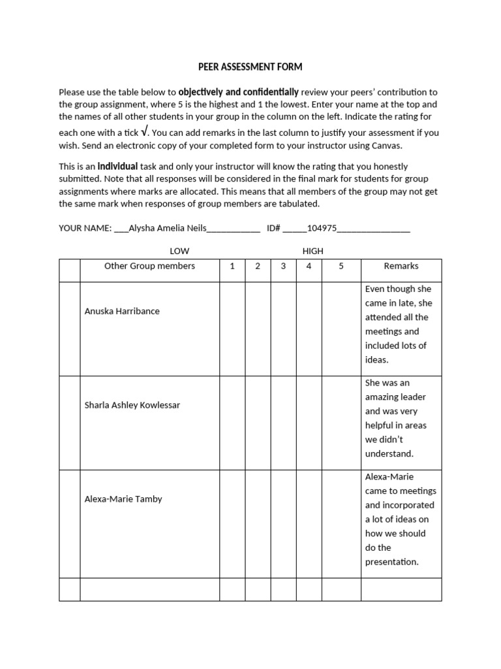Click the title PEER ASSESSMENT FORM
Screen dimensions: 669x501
(250, 67)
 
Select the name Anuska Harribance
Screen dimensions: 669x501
(122, 311)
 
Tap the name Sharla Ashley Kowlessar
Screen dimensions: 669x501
(132, 405)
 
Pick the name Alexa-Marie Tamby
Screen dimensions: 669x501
(123, 499)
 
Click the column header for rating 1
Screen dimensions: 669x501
(232, 267)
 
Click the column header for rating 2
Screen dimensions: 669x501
(258, 267)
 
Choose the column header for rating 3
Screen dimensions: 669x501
(283, 267)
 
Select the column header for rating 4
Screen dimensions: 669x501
(309, 267)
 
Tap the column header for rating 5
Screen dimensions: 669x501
(341, 267)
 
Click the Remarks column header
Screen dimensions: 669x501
(401, 267)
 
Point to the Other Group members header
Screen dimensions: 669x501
(149, 267)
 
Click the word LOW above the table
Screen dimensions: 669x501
(179, 251)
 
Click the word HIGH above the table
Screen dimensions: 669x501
(313, 251)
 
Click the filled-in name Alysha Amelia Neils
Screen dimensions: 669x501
(168, 228)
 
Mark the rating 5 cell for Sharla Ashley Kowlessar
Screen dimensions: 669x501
(341, 423)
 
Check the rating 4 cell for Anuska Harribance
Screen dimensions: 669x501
(309, 329)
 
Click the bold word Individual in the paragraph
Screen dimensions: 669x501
(117, 166)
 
